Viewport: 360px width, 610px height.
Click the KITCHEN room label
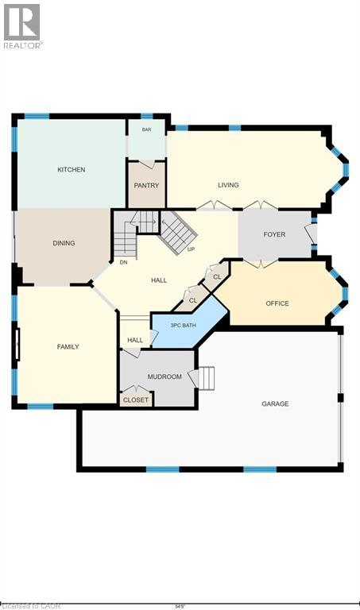tap(71, 169)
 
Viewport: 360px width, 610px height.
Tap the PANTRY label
tap(146, 185)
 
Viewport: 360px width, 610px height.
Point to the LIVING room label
tap(228, 185)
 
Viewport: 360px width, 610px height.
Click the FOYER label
tap(274, 234)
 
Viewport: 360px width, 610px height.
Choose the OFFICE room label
tap(277, 303)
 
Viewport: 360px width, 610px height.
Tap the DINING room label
tap(64, 243)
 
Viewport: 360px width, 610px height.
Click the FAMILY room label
tap(68, 346)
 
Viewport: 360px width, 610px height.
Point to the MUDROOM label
tap(165, 376)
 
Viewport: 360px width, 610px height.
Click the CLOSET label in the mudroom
tap(135, 400)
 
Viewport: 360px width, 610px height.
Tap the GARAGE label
tap(275, 403)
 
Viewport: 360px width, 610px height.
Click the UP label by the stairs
tap(191, 249)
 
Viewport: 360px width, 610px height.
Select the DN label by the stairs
tap(123, 261)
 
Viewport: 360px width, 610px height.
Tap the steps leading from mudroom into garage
tap(207, 378)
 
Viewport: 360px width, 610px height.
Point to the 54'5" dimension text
tap(180, 604)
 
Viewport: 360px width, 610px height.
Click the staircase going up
tap(179, 230)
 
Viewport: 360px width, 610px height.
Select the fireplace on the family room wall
tap(17, 346)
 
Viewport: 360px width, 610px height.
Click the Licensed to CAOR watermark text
tap(24, 604)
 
